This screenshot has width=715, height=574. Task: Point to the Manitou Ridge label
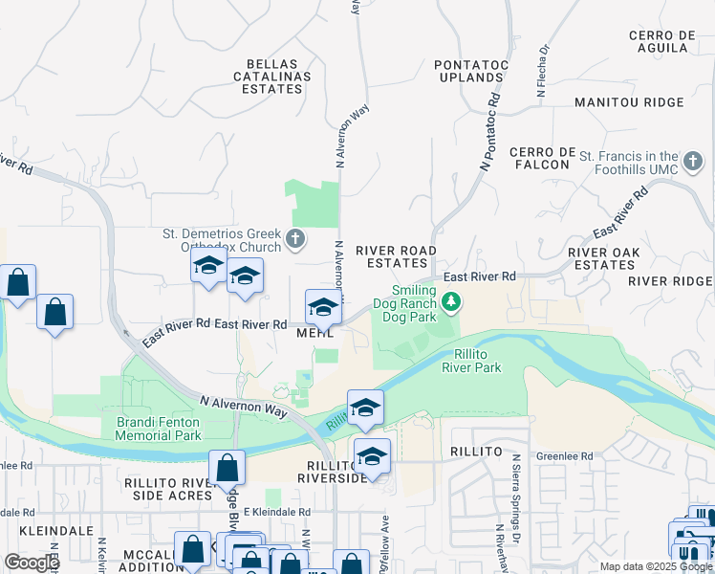[x=629, y=102]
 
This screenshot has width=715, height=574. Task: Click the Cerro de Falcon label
[x=542, y=159]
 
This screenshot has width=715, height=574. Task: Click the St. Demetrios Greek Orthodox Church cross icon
[x=296, y=238]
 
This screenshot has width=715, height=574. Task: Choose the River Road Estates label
[x=396, y=256]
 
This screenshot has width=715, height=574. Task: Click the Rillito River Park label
[x=471, y=361]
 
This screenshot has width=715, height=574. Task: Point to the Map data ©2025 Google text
[x=655, y=566]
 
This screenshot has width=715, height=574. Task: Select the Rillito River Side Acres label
[x=167, y=488]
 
